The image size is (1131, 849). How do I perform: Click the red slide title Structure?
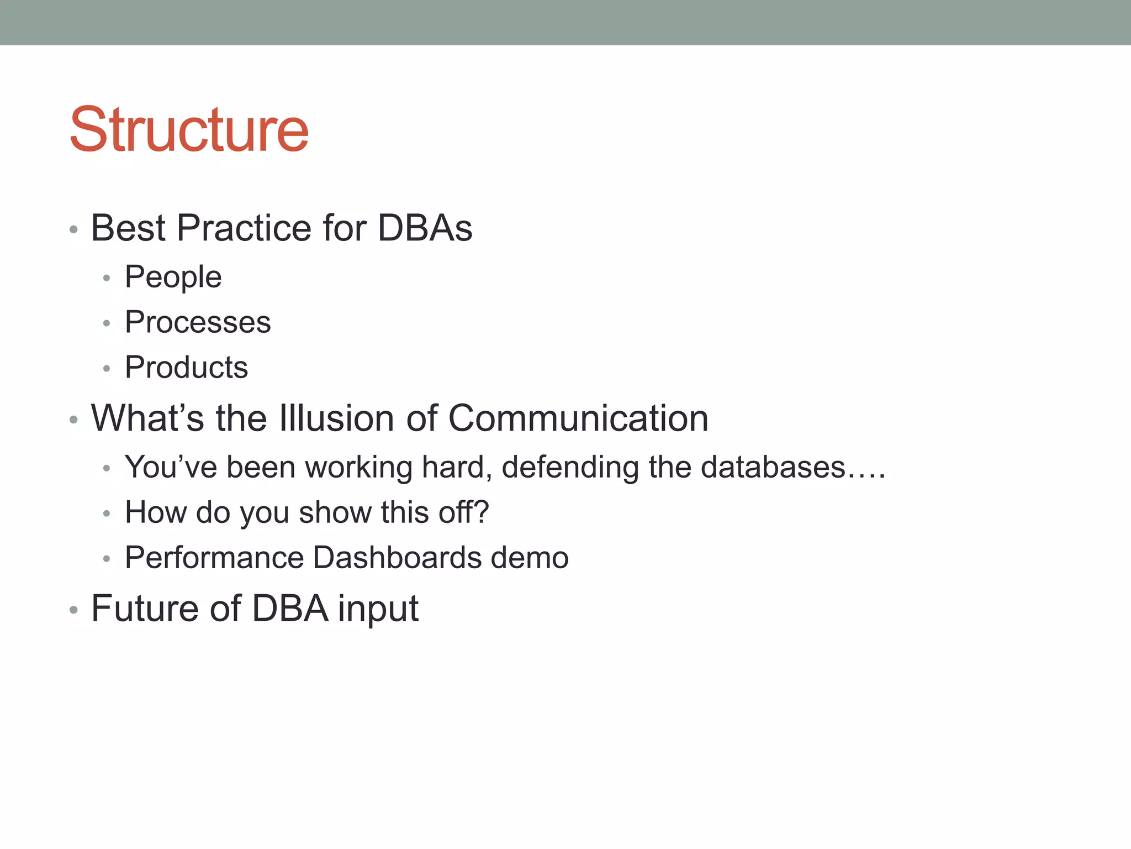pyautogui.click(x=189, y=130)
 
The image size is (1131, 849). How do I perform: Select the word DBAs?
pyautogui.click(x=425, y=228)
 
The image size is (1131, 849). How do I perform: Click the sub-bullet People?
pyautogui.click(x=173, y=277)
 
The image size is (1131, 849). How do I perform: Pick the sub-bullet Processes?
pyautogui.click(x=198, y=322)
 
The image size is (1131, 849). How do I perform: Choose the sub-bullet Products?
pyautogui.click(x=186, y=368)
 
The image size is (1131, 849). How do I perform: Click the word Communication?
pyautogui.click(x=578, y=418)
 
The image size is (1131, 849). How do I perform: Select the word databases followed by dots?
pyautogui.click(x=773, y=468)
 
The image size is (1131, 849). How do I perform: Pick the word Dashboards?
pyautogui.click(x=397, y=558)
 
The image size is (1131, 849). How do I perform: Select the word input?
pyautogui.click(x=378, y=610)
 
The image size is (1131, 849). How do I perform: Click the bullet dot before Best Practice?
pyautogui.click(x=73, y=229)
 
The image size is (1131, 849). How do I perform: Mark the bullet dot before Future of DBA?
pyautogui.click(x=73, y=610)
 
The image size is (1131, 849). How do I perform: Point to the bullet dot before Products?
pyautogui.click(x=107, y=369)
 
